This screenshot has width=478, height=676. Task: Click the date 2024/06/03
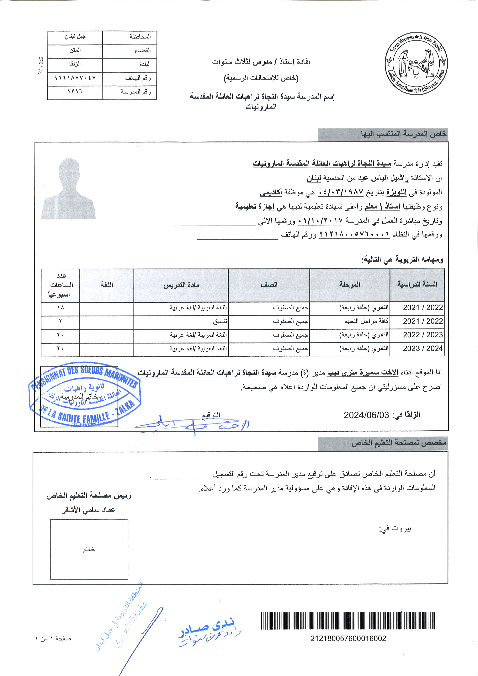366,415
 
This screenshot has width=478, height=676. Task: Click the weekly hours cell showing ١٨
61,308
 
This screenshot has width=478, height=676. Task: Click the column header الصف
269,285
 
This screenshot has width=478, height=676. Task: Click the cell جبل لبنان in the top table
75,37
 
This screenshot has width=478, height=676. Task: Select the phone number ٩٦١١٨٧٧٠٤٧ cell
75,78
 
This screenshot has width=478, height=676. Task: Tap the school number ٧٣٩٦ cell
75,92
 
